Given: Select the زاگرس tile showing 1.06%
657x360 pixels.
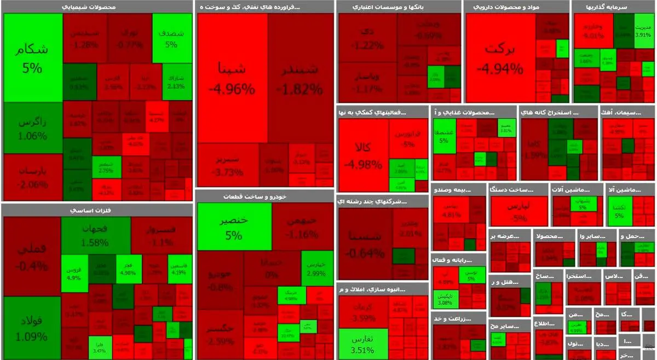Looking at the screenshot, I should point(32,128).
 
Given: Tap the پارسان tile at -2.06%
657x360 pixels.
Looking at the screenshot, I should point(32,177).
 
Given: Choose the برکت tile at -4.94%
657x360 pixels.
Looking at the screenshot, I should point(500,57).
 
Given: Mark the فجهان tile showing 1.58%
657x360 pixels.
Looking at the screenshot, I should point(95,235).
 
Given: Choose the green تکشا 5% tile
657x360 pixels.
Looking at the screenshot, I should point(619,210).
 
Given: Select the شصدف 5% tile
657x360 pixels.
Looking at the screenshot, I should point(168,38).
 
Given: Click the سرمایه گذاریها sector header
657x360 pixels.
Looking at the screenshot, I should point(613,7).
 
